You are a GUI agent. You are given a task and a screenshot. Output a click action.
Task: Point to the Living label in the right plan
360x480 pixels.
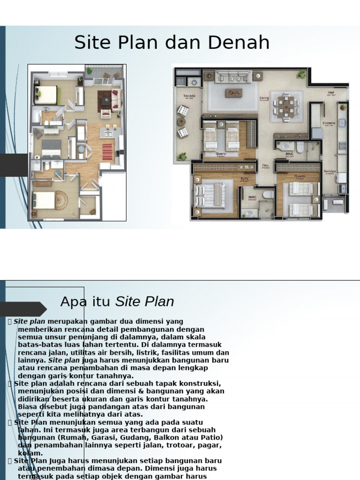click(264, 98)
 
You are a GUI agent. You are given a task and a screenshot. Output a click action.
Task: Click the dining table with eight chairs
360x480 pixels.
click(286, 106)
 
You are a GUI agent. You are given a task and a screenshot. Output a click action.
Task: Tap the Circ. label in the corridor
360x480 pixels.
click(265, 165)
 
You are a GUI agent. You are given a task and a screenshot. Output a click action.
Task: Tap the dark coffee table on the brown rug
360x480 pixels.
click(105, 99)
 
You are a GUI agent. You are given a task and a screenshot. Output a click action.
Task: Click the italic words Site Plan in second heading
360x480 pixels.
click(144, 302)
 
